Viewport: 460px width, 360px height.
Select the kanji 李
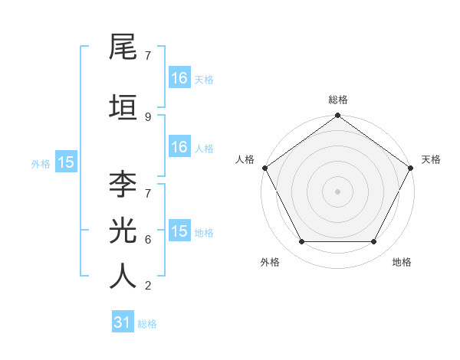coord(123,184)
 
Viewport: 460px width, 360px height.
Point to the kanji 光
coord(123,231)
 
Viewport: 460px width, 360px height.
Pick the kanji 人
coord(123,277)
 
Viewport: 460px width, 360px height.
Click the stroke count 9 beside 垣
coord(148,117)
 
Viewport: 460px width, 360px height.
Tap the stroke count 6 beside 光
coord(148,240)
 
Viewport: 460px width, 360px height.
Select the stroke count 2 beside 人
coord(148,286)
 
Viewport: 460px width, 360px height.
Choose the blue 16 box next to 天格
coord(179,77)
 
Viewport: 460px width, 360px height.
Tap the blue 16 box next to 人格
coord(179,147)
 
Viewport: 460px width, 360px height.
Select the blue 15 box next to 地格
coord(179,231)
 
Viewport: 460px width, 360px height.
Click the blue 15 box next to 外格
coord(65,162)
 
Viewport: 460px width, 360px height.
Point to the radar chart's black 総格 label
coord(338,100)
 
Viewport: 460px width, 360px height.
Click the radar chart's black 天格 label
coord(432,159)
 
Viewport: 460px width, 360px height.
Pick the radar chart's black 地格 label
coord(402,262)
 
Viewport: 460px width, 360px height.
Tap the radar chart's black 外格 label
coord(270,262)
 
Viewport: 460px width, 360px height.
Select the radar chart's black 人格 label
coord(245,159)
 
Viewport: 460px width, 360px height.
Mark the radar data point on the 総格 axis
coord(338,116)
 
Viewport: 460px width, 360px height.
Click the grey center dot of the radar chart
coord(338,191)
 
